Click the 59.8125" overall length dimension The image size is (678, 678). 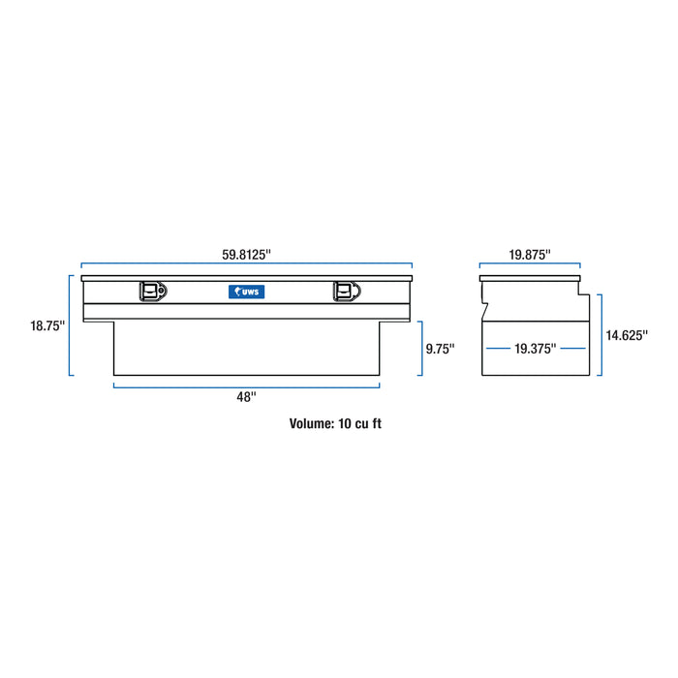click(x=246, y=255)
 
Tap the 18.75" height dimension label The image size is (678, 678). click(x=46, y=326)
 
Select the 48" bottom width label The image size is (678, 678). click(x=246, y=396)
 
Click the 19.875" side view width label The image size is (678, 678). click(x=530, y=255)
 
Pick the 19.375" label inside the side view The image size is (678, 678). click(x=536, y=349)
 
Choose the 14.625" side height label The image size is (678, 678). click(x=627, y=335)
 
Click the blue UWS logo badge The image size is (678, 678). click(x=247, y=291)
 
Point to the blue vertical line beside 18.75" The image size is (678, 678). click(x=71, y=325)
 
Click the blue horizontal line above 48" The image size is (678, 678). click(x=246, y=385)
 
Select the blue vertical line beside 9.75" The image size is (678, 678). click(x=419, y=349)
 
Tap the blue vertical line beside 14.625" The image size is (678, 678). click(x=601, y=336)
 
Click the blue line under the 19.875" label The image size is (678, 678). click(x=530, y=265)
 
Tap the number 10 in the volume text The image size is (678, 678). click(x=348, y=423)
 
